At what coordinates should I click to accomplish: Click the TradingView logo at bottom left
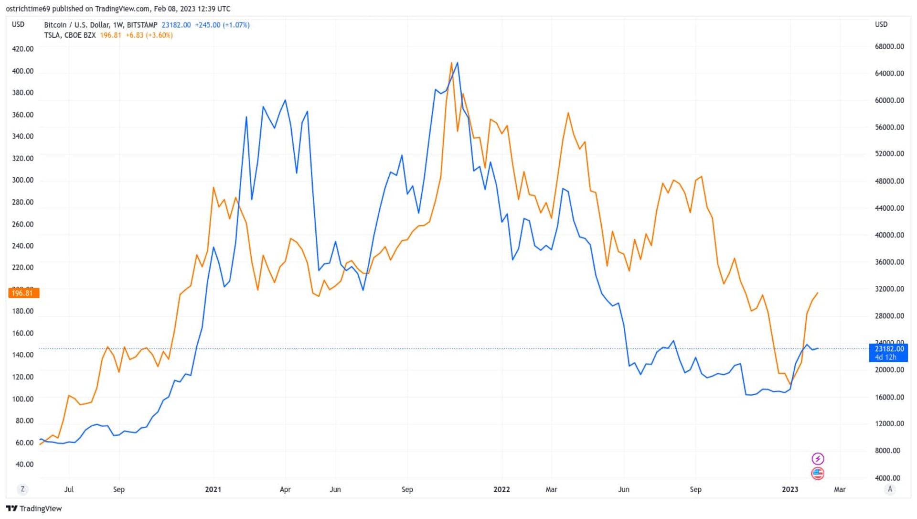pyautogui.click(x=34, y=508)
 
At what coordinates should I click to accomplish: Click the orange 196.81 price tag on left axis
pyautogui.click(x=23, y=293)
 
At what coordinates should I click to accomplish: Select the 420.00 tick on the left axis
pyautogui.click(x=23, y=49)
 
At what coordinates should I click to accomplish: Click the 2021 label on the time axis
pyautogui.click(x=213, y=489)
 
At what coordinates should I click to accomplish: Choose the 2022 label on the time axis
pyautogui.click(x=501, y=489)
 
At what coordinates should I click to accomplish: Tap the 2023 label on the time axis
pyautogui.click(x=790, y=489)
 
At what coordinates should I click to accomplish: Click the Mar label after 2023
pyautogui.click(x=840, y=489)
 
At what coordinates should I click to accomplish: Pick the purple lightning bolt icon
pyautogui.click(x=818, y=459)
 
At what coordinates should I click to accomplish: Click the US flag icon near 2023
pyautogui.click(x=818, y=474)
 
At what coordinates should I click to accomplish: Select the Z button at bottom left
pyautogui.click(x=22, y=489)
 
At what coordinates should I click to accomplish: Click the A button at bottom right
pyautogui.click(x=890, y=489)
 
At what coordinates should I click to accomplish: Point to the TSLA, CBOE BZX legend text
pyautogui.click(x=70, y=35)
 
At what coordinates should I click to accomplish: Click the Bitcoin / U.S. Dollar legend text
pyautogui.click(x=76, y=25)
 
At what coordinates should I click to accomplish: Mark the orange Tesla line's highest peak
pyautogui.click(x=451, y=63)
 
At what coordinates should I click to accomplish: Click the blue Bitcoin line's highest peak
pyautogui.click(x=458, y=63)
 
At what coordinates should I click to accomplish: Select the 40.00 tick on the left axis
pyautogui.click(x=24, y=465)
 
